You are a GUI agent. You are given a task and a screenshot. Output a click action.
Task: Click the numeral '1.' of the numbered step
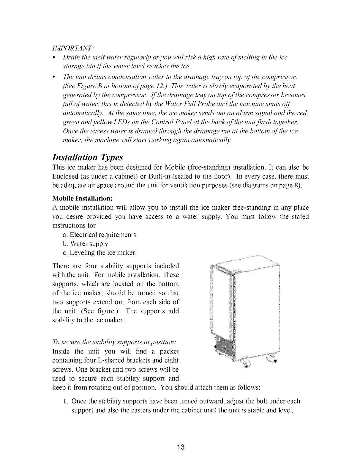point(66,402)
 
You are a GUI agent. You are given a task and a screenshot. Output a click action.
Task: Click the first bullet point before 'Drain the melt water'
point(53,57)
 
